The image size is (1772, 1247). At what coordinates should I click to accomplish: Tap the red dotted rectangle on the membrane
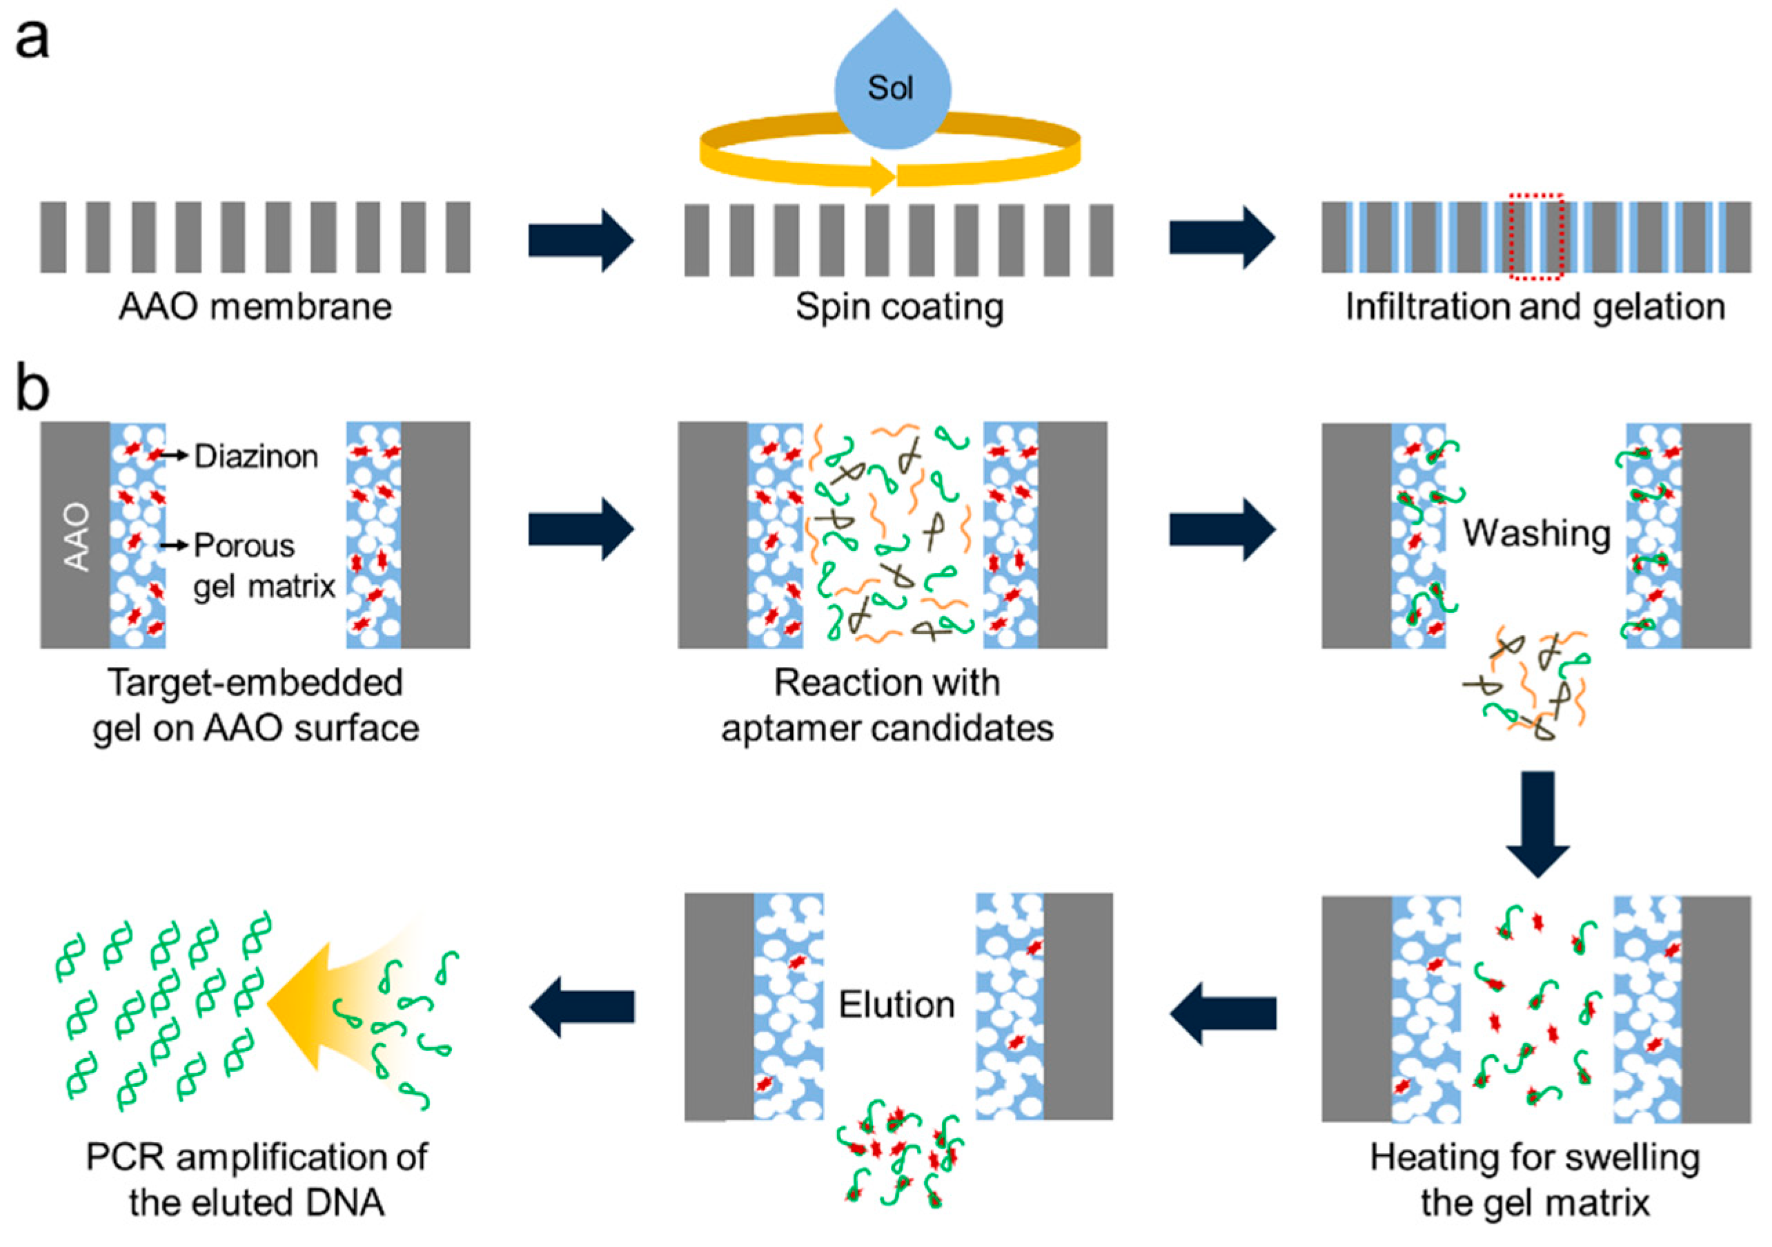(x=1536, y=238)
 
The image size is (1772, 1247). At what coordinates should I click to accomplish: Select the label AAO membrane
(x=255, y=307)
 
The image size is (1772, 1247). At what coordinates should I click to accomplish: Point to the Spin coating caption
(x=899, y=307)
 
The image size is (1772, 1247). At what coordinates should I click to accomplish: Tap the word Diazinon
(x=255, y=456)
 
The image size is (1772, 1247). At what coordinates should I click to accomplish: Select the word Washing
(x=1536, y=533)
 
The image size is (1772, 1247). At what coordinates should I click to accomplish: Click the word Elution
(x=897, y=1005)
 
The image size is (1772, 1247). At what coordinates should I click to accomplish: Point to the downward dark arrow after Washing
(x=1537, y=824)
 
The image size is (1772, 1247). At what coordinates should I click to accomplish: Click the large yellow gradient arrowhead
(x=305, y=1005)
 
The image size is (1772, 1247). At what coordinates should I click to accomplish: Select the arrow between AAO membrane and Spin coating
(x=580, y=240)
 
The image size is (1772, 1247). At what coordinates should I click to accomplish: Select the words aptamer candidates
(x=887, y=728)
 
